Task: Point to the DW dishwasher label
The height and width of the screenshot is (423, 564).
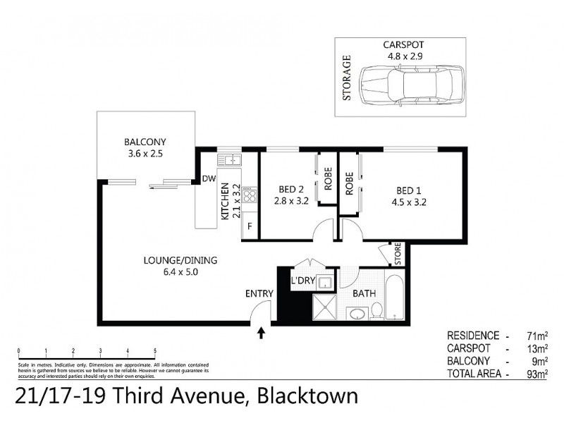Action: (208, 179)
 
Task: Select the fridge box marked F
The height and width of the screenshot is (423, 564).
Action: (248, 226)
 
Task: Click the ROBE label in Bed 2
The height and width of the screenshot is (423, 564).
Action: (328, 180)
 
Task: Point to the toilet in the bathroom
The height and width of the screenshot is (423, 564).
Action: (376, 309)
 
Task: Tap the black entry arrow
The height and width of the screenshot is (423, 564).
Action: (262, 332)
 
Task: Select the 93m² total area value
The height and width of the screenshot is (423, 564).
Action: (538, 374)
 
